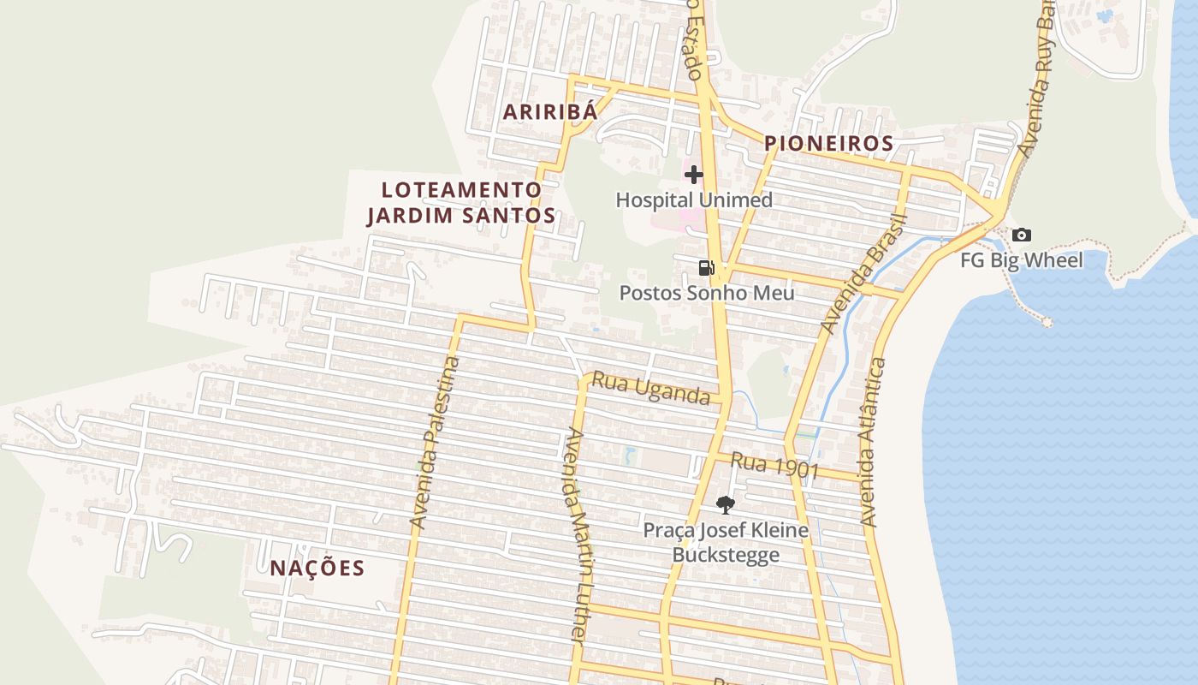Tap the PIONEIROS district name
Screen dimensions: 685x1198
click(828, 144)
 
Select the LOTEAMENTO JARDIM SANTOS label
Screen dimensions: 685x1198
click(461, 203)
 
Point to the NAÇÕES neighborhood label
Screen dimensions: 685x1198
click(317, 569)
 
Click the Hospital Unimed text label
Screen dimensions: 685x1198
click(694, 200)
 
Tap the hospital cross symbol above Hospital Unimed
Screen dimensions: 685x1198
click(693, 176)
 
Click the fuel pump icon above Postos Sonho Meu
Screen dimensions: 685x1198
click(706, 268)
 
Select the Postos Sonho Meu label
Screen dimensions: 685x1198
click(707, 293)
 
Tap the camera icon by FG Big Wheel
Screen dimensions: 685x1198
click(1021, 235)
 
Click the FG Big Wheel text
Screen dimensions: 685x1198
click(1021, 260)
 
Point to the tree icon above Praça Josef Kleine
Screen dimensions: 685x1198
click(725, 504)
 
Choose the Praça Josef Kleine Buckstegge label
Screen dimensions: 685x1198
click(726, 542)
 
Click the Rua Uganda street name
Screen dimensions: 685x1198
click(651, 388)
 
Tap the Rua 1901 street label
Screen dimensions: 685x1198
click(775, 466)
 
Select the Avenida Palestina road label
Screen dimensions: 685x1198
click(435, 442)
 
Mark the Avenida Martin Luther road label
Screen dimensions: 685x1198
click(574, 534)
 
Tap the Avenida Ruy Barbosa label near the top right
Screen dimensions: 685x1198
click(1034, 81)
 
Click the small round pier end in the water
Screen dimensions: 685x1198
click(1046, 322)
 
